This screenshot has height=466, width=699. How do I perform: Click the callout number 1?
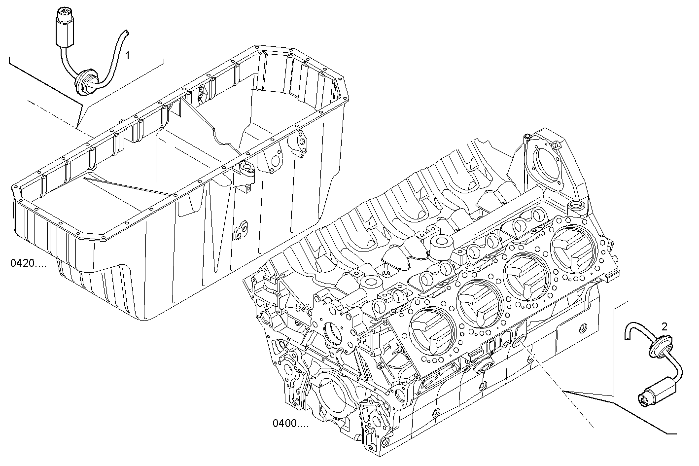point(127,55)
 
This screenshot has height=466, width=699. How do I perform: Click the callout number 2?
point(664,326)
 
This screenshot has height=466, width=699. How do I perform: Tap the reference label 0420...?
point(28,263)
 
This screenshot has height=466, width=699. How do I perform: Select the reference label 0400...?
point(290,423)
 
